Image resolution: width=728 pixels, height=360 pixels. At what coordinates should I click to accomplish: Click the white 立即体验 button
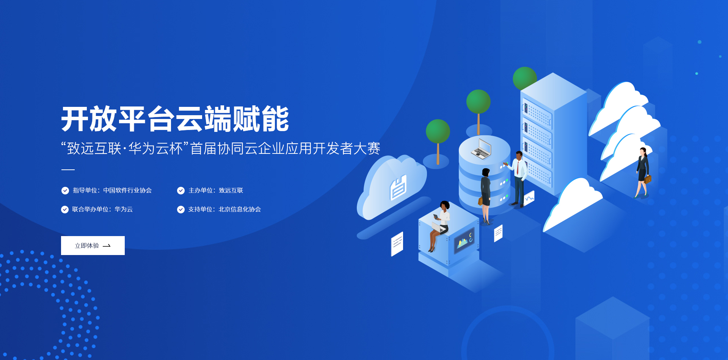pyautogui.click(x=93, y=246)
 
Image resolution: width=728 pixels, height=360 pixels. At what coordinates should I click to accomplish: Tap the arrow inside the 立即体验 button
pyautogui.click(x=107, y=246)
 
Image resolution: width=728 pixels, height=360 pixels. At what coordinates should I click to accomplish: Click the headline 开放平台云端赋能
pyautogui.click(x=175, y=119)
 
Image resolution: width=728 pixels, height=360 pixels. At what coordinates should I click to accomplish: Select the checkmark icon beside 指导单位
pyautogui.click(x=65, y=191)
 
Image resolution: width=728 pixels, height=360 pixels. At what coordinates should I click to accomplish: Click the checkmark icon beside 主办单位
pyautogui.click(x=181, y=191)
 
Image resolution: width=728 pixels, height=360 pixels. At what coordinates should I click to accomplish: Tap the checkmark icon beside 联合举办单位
pyautogui.click(x=65, y=210)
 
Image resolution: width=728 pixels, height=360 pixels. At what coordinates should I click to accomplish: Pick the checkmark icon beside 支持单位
pyautogui.click(x=181, y=210)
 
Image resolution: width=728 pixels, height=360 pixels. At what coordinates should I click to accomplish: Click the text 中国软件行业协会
pyautogui.click(x=127, y=190)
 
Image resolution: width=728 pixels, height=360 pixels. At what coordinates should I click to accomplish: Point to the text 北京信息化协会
pyautogui.click(x=240, y=209)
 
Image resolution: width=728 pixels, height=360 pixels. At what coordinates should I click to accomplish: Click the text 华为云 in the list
pyautogui.click(x=124, y=209)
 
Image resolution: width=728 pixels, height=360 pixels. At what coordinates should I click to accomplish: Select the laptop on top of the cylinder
pyautogui.click(x=482, y=149)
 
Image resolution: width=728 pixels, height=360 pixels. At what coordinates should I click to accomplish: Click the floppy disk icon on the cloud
pyautogui.click(x=398, y=188)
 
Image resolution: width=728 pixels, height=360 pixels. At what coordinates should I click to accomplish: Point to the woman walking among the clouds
pyautogui.click(x=643, y=173)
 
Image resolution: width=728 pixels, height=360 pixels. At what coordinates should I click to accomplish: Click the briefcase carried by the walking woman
pyautogui.click(x=648, y=179)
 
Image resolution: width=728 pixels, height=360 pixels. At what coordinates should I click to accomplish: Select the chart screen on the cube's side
pyautogui.click(x=464, y=241)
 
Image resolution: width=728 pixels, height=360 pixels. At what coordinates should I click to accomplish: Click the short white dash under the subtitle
pyautogui.click(x=68, y=170)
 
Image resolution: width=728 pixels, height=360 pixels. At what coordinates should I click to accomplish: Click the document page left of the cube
pyautogui.click(x=397, y=244)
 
